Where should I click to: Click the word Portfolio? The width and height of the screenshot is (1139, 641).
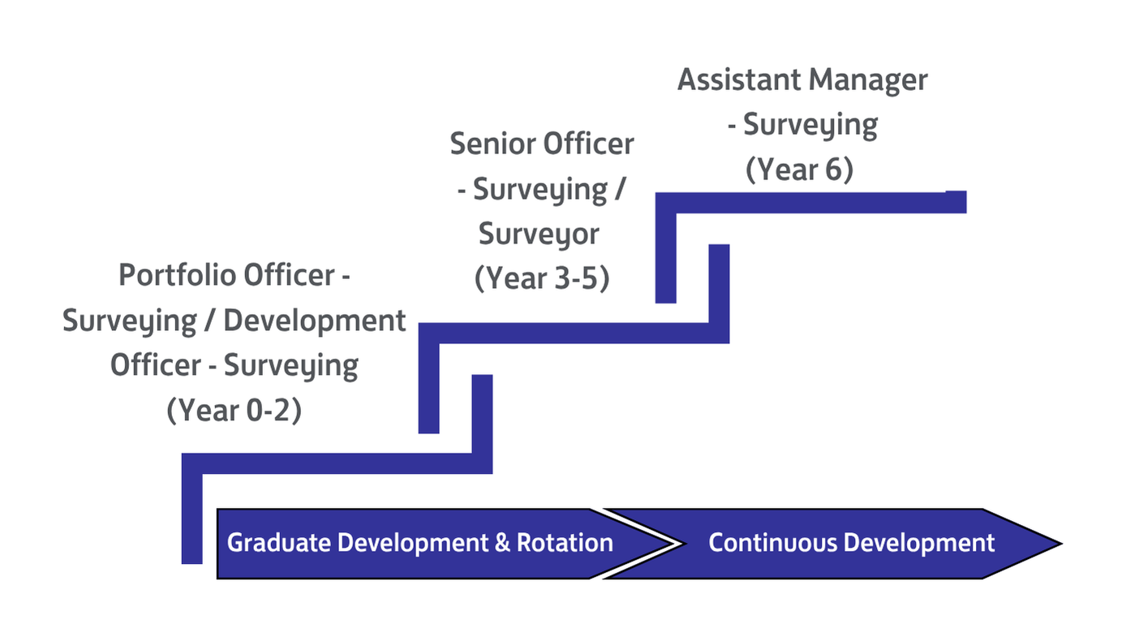[x=176, y=275]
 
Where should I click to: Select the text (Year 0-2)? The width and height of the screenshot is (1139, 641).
[x=234, y=410]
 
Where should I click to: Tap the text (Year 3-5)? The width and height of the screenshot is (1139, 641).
[x=542, y=278]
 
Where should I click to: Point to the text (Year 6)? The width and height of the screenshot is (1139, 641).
[x=799, y=170]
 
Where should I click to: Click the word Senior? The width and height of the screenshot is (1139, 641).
[x=492, y=144]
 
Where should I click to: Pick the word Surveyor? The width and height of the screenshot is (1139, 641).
[x=539, y=234]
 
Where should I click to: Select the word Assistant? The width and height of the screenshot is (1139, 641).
[x=740, y=80]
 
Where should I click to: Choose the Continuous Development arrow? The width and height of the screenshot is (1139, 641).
[x=834, y=544]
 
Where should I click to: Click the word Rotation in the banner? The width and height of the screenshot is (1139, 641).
[x=565, y=543]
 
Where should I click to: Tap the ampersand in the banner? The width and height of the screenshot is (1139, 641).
[x=502, y=543]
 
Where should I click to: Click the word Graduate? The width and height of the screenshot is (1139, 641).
[x=279, y=543]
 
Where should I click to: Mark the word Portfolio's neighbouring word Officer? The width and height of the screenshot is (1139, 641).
[x=290, y=275]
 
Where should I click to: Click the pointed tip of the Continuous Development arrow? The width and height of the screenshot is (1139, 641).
[x=1062, y=544]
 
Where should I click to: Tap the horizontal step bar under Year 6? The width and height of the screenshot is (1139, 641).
[x=810, y=203]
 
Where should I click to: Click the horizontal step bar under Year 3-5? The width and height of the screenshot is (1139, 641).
[x=574, y=333]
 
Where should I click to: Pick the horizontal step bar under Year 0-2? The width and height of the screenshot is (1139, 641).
[x=337, y=463]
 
